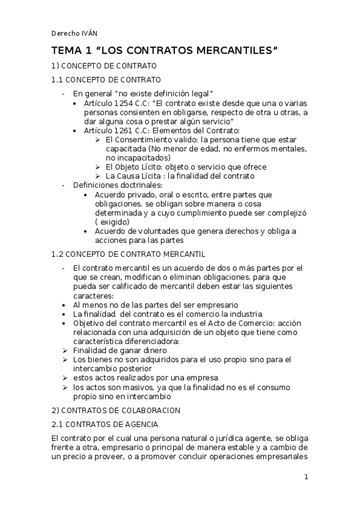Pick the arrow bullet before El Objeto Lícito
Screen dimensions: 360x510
pos(99,167)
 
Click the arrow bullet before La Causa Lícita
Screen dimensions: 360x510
pos(99,176)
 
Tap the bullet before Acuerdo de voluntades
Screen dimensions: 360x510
pos(88,232)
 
